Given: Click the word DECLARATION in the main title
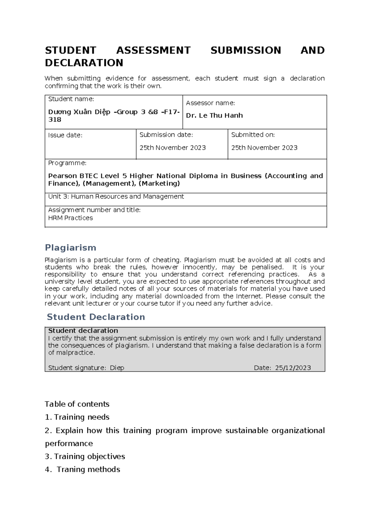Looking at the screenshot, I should (84, 63).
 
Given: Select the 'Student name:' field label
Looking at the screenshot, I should (71, 99).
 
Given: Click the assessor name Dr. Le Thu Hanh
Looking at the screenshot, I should (214, 115).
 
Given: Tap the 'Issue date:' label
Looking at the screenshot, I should (65, 135).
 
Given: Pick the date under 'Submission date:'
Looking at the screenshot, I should (172, 148).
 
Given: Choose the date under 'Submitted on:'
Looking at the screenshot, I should (264, 148).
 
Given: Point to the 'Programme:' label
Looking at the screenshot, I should (67, 163).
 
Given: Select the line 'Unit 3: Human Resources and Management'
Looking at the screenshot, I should (116, 196).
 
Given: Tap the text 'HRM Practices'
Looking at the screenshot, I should (70, 218).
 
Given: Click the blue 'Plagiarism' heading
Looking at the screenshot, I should (70, 248).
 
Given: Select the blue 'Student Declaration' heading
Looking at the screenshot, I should (96, 317).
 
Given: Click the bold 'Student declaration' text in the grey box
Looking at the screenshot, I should (83, 331).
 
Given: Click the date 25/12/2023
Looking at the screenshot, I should (293, 368).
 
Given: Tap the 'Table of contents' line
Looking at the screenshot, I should (77, 404).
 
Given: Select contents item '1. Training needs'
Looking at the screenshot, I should (77, 417).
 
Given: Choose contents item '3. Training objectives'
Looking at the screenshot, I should (85, 456).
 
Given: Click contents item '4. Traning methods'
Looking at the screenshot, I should (82, 469).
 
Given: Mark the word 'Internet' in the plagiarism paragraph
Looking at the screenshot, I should (249, 296).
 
